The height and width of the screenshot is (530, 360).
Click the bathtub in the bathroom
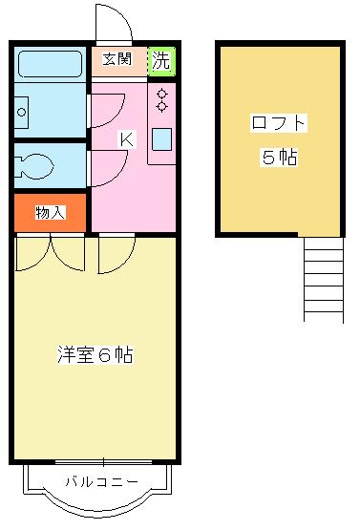(x=51, y=63)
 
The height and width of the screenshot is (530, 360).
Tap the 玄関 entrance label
(x=119, y=61)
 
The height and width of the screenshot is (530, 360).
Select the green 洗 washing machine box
(x=162, y=61)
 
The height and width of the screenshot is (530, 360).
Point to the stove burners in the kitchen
(x=161, y=99)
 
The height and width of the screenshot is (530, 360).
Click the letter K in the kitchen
(x=125, y=139)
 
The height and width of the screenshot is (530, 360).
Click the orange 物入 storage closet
(x=51, y=212)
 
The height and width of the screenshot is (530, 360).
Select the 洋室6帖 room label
(x=94, y=355)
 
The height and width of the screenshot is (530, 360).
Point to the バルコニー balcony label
(x=101, y=481)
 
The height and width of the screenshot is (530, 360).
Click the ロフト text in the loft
(x=279, y=123)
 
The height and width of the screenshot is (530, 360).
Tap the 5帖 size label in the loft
(x=279, y=158)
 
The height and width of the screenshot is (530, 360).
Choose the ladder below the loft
(x=323, y=279)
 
